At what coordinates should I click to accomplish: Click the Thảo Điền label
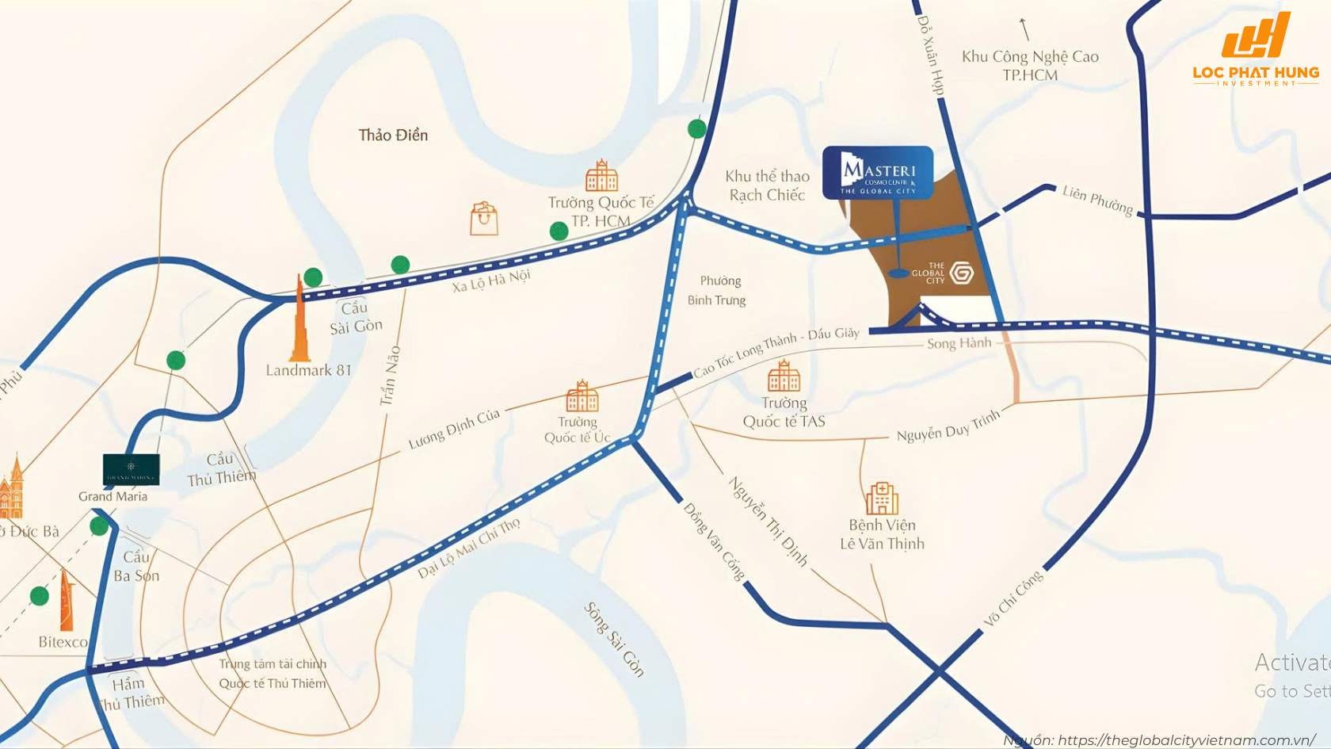pyautogui.click(x=393, y=136)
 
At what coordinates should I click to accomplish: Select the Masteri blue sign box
pyautogui.click(x=877, y=172)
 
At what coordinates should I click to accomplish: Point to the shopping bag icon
pyautogui.click(x=483, y=219)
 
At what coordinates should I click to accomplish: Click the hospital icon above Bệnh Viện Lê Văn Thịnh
pyautogui.click(x=881, y=499)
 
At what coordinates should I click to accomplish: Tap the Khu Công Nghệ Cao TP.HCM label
pyautogui.click(x=1030, y=66)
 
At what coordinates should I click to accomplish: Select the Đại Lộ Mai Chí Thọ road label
pyautogui.click(x=469, y=548)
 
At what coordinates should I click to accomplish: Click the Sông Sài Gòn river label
pyautogui.click(x=614, y=639)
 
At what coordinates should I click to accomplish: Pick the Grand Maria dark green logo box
pyautogui.click(x=131, y=469)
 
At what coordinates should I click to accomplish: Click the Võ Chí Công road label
pyautogui.click(x=1013, y=598)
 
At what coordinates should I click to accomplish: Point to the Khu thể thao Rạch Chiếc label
pyautogui.click(x=767, y=186)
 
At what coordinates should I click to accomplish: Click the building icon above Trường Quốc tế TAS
pyautogui.click(x=783, y=376)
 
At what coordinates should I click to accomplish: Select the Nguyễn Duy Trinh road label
pyautogui.click(x=948, y=426)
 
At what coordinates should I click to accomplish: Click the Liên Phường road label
pyautogui.click(x=1097, y=200)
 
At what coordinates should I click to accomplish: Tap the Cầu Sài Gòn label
pyautogui.click(x=356, y=317)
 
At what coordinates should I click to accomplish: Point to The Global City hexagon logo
pyautogui.click(x=961, y=273)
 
